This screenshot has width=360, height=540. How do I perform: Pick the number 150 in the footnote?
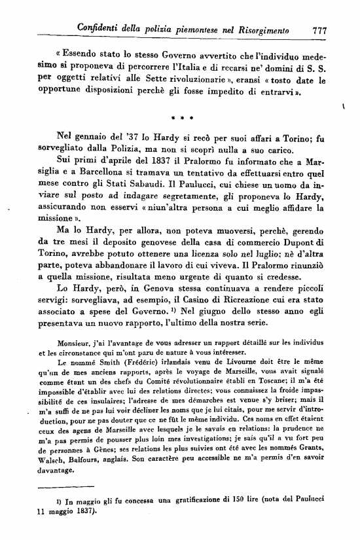pos(238,518)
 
